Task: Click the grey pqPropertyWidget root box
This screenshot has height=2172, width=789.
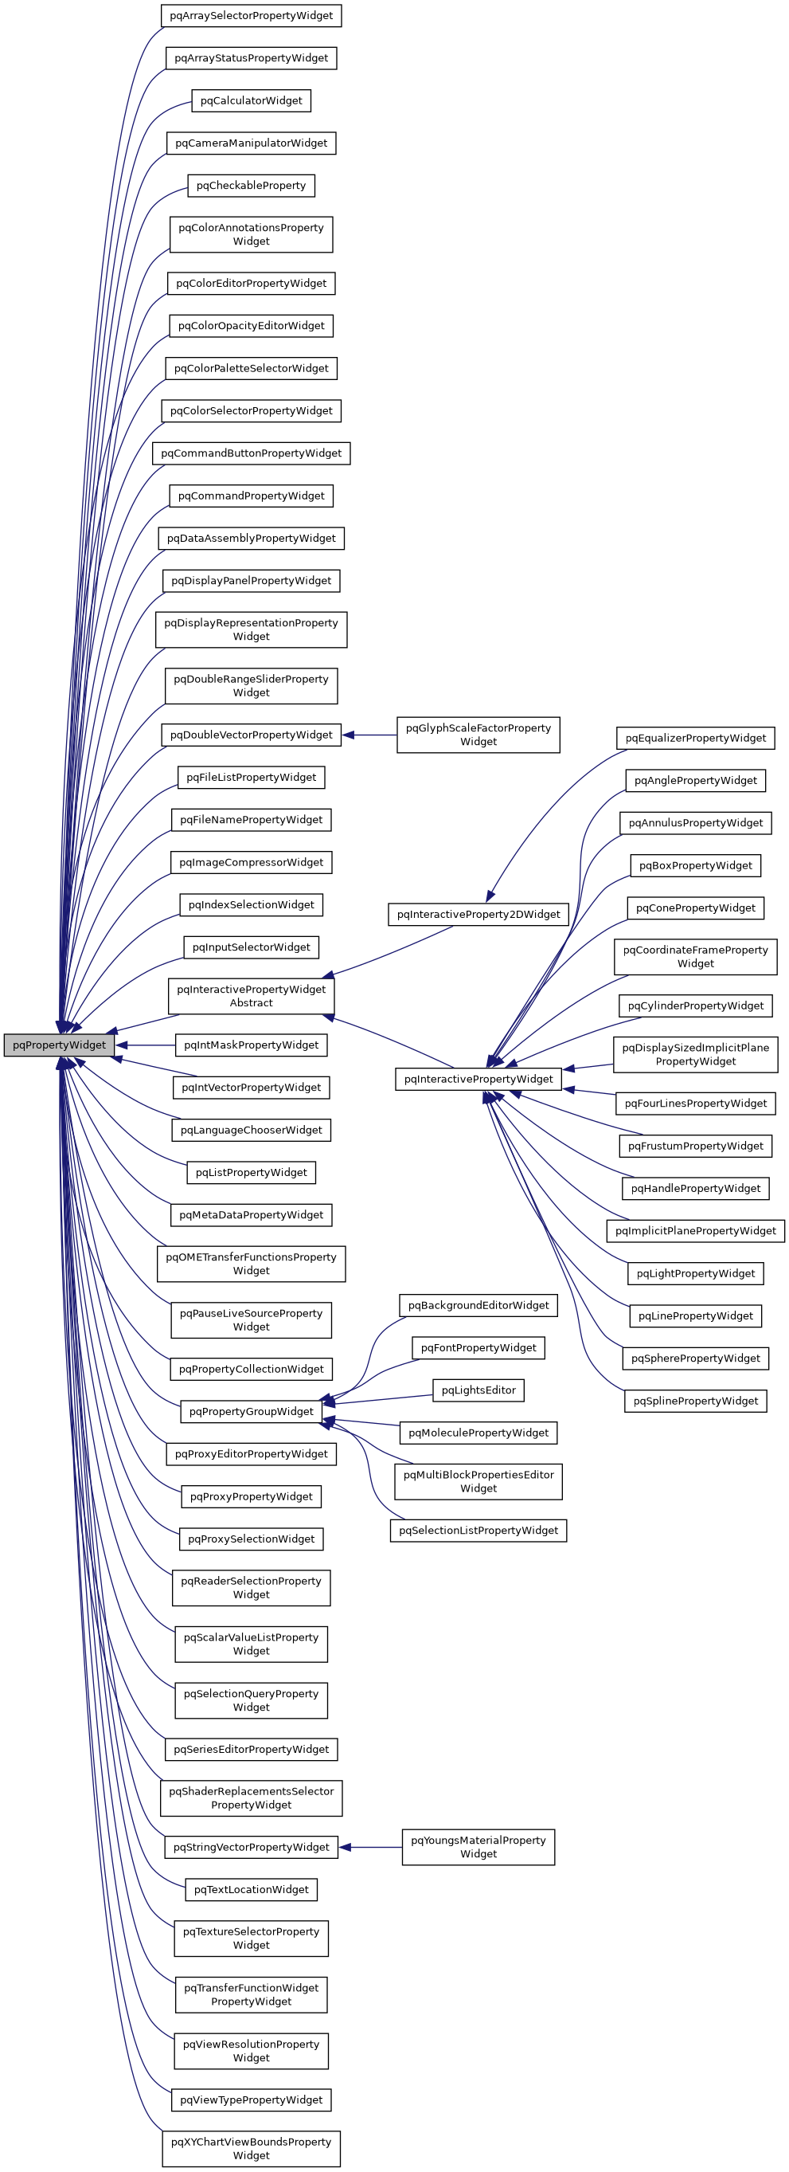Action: tap(59, 1045)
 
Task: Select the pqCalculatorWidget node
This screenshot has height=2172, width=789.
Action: tap(252, 100)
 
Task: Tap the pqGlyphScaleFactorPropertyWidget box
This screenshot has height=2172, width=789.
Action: tap(478, 735)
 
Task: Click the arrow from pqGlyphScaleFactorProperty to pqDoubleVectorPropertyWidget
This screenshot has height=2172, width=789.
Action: tap(369, 735)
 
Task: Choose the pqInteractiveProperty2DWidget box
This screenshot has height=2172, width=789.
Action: tap(478, 914)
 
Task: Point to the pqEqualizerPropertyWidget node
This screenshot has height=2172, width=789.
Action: tap(695, 738)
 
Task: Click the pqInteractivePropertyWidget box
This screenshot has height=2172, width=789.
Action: tap(478, 1078)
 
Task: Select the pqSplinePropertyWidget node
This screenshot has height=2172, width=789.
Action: tap(695, 1401)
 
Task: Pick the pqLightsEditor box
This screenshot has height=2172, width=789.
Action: tap(478, 1390)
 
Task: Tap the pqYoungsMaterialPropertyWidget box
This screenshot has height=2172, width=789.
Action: tap(478, 1847)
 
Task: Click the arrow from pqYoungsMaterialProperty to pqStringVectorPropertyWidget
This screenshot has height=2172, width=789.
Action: tap(371, 1847)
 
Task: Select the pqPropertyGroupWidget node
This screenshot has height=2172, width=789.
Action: tap(252, 1410)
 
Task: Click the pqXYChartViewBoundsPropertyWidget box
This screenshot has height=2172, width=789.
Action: tap(252, 2147)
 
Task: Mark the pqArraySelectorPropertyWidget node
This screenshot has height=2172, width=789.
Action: tap(252, 15)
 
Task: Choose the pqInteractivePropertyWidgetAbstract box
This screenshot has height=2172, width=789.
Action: tap(252, 996)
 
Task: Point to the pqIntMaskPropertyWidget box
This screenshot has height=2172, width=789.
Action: tap(252, 1045)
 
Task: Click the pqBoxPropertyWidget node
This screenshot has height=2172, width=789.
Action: tap(695, 865)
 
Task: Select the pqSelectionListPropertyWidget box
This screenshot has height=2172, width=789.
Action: tap(478, 1530)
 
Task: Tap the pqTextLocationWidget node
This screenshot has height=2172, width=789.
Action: tap(252, 1888)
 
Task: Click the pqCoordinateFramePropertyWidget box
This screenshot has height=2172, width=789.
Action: tap(695, 956)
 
